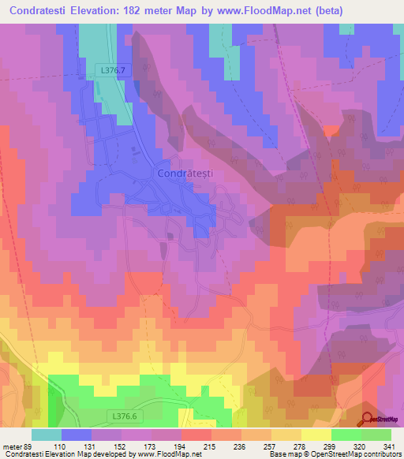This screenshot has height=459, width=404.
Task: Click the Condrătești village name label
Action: coord(185,173)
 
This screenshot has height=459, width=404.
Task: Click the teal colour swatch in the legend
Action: coord(47,435)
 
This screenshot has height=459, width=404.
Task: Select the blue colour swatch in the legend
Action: coord(77,435)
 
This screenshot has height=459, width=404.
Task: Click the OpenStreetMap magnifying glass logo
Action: coord(368,418)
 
